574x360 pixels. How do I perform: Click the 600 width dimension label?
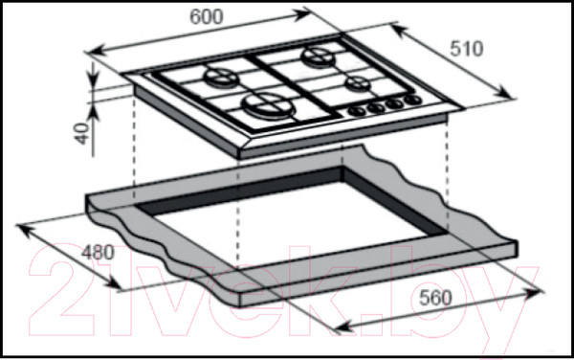coord(206,17)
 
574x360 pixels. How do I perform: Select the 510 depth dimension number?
coord(467,49)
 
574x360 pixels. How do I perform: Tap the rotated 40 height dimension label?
coord(83,133)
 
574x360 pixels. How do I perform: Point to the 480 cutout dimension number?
coord(98,253)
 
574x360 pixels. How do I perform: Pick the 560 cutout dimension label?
coord(435,298)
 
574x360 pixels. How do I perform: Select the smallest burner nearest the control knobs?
coord(357,84)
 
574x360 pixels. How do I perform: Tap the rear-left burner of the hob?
coord(221,78)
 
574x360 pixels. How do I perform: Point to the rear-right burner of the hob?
coord(318,57)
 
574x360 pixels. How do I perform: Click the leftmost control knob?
coord(357,111)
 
